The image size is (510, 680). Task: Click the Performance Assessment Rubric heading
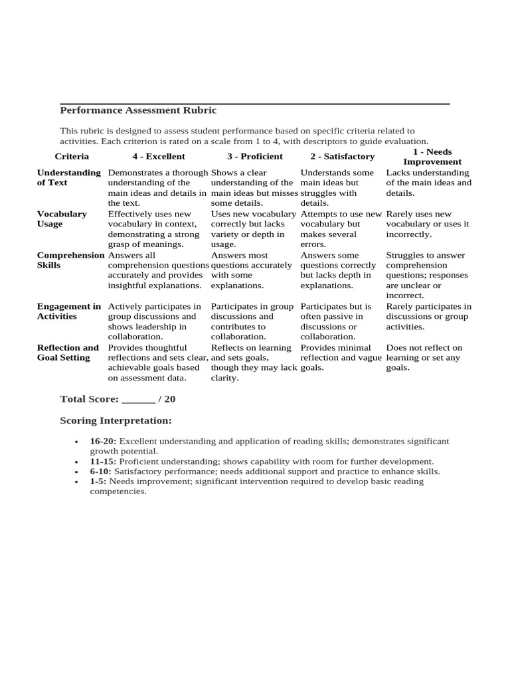138,110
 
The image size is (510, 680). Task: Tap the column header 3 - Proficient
254,157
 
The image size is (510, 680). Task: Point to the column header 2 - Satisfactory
342,157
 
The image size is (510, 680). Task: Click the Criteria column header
72,157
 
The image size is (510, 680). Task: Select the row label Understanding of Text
69,178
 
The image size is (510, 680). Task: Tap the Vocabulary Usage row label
62,219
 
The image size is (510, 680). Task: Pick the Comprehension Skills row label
70,260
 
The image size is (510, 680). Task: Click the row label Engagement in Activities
69,311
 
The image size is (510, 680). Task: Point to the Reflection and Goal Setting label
68,353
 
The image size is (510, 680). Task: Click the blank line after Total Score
138,400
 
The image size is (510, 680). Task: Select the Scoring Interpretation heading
116,421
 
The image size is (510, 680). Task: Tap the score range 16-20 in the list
103,441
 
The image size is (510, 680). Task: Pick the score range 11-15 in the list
103,461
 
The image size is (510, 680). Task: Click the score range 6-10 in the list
101,471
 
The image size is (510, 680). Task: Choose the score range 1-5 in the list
98,481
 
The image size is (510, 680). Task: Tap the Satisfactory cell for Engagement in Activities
339,321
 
